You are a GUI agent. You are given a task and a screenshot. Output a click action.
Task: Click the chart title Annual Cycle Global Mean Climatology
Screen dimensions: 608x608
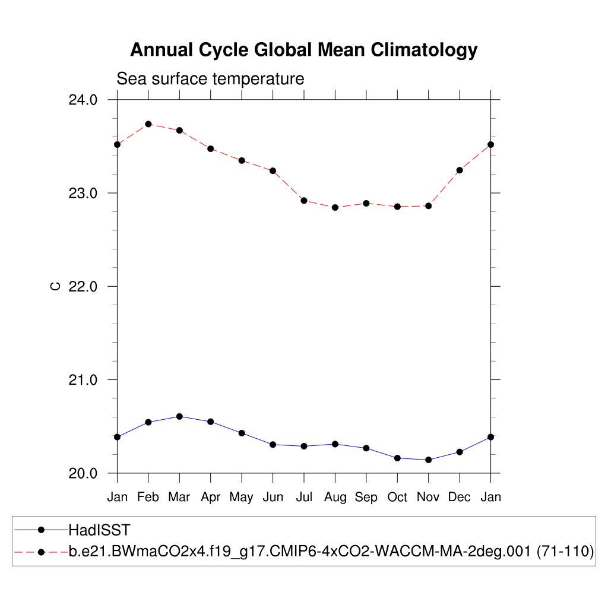[303, 50]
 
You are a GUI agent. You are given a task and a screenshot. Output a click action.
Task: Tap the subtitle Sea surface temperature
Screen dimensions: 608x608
[210, 78]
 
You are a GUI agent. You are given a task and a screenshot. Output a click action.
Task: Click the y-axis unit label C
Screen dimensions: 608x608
[55, 286]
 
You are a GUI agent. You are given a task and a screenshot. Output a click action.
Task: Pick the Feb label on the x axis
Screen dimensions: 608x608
[148, 498]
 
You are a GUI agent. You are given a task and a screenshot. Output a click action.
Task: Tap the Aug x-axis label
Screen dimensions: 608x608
[335, 498]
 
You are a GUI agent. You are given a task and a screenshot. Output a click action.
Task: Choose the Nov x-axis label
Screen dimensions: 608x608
[428, 498]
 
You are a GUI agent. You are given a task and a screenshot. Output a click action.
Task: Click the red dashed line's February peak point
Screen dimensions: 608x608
[148, 124]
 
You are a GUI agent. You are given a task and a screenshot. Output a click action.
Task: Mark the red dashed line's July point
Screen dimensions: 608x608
[304, 201]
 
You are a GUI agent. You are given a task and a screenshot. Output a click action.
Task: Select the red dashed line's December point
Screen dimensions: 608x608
[460, 170]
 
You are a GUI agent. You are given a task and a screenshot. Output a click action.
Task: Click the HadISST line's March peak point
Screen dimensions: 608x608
[179, 416]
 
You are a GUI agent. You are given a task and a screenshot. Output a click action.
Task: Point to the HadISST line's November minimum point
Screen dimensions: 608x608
[428, 460]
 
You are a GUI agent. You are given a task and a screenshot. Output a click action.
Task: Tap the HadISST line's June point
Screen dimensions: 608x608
[273, 444]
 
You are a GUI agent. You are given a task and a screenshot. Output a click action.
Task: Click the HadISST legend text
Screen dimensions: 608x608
[99, 530]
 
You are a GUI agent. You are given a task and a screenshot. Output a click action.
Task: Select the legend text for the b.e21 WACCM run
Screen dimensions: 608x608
[331, 552]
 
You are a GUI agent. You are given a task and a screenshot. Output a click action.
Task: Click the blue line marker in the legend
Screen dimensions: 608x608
[41, 530]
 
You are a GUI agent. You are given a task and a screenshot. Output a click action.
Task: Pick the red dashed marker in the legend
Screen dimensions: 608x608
[41, 552]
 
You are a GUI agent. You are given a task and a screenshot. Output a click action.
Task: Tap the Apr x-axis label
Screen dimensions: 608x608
[210, 498]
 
